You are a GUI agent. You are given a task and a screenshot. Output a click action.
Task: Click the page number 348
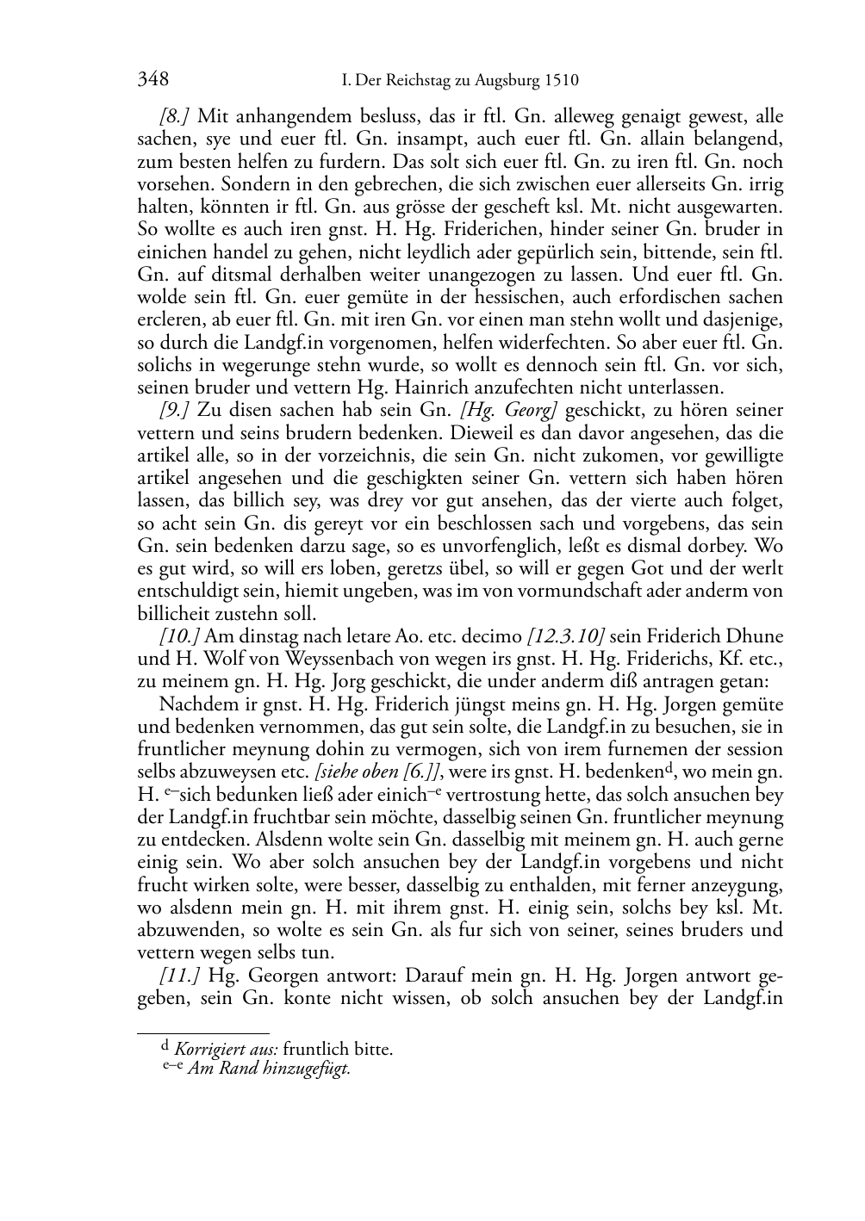[152, 81]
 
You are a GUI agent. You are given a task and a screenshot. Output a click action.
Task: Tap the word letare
[347, 636]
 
